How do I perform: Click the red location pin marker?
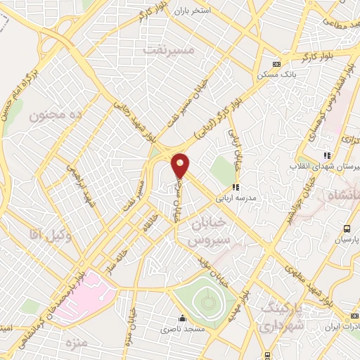(x=181, y=165)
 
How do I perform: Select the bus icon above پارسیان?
(x=347, y=228)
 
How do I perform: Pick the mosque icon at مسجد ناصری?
(x=183, y=317)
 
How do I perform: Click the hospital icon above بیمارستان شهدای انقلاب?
(x=326, y=155)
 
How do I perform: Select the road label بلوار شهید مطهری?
(x=308, y=283)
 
